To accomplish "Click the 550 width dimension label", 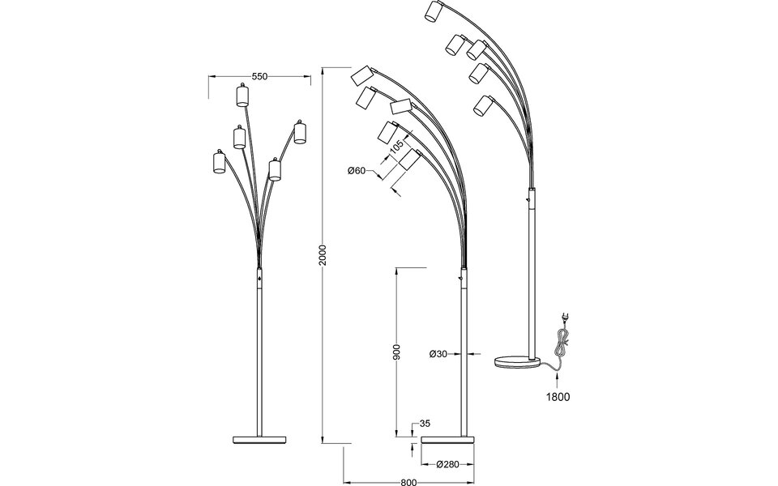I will tap(259, 77).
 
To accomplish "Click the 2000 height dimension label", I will tap(323, 257).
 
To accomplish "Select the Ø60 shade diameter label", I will tap(357, 170).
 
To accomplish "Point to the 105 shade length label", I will tap(396, 149).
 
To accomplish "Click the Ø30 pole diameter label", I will tap(438, 353).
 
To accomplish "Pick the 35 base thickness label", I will tap(424, 423).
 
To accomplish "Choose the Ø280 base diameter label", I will tap(448, 465).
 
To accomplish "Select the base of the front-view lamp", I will tap(260, 439).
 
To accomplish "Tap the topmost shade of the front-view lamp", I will tap(241, 96).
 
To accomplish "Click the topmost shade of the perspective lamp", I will tap(434, 13).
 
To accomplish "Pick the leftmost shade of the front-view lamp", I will tap(217, 162).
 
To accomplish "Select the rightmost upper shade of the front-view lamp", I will tap(300, 133).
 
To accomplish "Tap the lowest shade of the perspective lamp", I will tap(484, 106).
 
